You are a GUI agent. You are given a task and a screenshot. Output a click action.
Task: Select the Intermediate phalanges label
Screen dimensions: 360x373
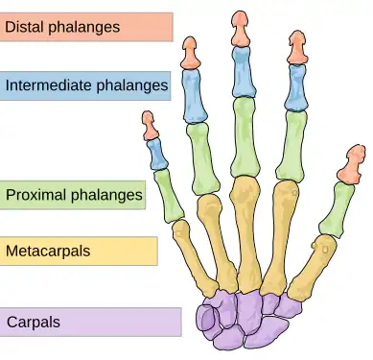(x=86, y=86)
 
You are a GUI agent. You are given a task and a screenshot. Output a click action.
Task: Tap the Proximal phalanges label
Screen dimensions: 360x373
(x=74, y=196)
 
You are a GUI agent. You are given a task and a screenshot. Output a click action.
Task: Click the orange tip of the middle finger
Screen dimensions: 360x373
(x=240, y=28)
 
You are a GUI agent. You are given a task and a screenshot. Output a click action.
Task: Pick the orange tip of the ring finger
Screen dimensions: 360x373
(x=191, y=54)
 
